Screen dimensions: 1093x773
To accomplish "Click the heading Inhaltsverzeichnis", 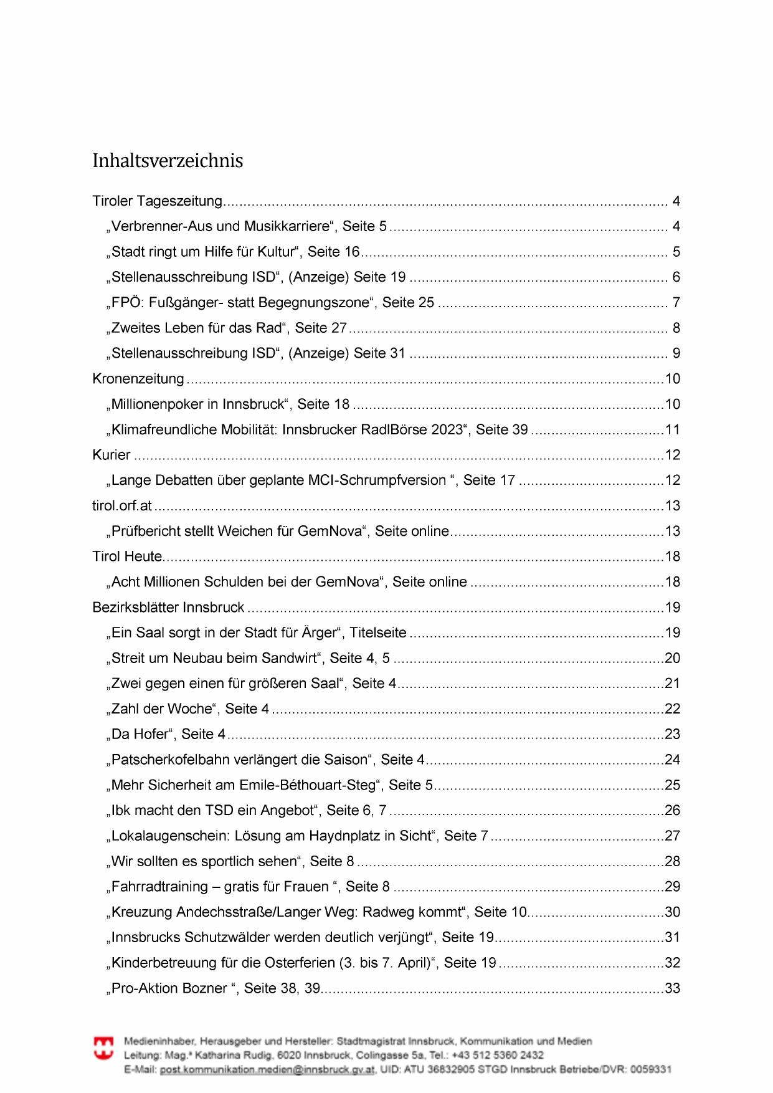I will (x=168, y=161).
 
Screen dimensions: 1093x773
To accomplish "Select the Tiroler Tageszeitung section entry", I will (x=157, y=201).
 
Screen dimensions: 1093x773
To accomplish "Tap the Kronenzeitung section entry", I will (x=138, y=379).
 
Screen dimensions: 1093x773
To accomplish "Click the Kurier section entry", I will (x=111, y=455).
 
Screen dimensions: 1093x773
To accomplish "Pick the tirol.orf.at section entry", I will (x=122, y=505).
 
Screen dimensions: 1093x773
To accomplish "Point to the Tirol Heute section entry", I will (x=127, y=556).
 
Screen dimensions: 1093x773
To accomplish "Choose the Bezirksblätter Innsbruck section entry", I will (x=168, y=608).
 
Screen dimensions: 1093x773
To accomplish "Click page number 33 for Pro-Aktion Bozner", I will (x=672, y=988).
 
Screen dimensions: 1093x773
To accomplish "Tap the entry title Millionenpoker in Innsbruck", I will (x=198, y=404).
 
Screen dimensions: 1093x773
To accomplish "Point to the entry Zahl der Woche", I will (x=162, y=709).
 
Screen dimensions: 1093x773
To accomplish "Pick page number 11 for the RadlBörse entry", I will (x=672, y=430).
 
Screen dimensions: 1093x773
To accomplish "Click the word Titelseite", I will (x=378, y=633).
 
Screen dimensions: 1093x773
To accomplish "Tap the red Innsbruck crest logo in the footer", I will (x=103, y=1048).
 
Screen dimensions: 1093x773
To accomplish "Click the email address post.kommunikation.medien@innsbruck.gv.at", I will (x=267, y=1069).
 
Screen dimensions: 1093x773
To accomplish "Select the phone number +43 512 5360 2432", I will (x=498, y=1055).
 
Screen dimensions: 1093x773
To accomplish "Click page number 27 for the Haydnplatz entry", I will (x=672, y=836).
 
